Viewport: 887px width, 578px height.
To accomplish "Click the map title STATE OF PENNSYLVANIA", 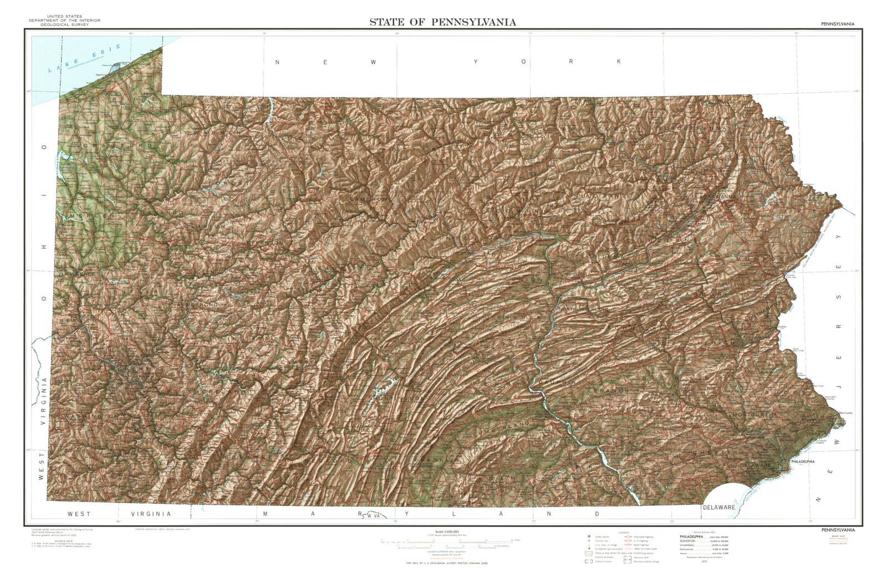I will pos(442,22).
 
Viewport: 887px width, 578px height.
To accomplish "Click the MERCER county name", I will pos(88,215).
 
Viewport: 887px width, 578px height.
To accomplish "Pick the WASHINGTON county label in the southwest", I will pos(91,415).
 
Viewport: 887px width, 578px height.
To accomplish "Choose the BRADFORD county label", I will pos(596,129).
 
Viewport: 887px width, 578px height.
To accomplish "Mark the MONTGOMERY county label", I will pos(755,414).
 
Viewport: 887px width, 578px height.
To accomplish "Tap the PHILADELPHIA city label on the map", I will pos(802,462).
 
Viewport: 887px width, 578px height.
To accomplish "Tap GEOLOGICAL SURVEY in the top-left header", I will pos(65,24).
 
